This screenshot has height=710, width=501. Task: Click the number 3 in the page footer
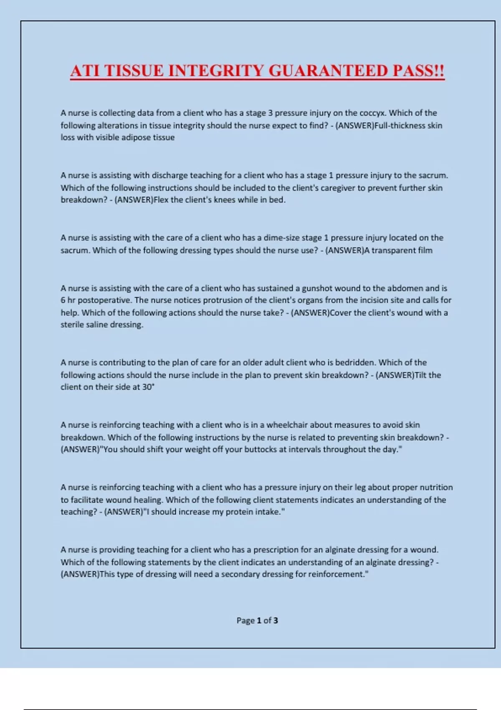pos(276,621)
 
